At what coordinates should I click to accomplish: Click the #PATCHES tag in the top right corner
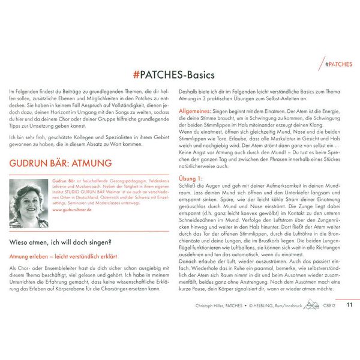tap(338, 63)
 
